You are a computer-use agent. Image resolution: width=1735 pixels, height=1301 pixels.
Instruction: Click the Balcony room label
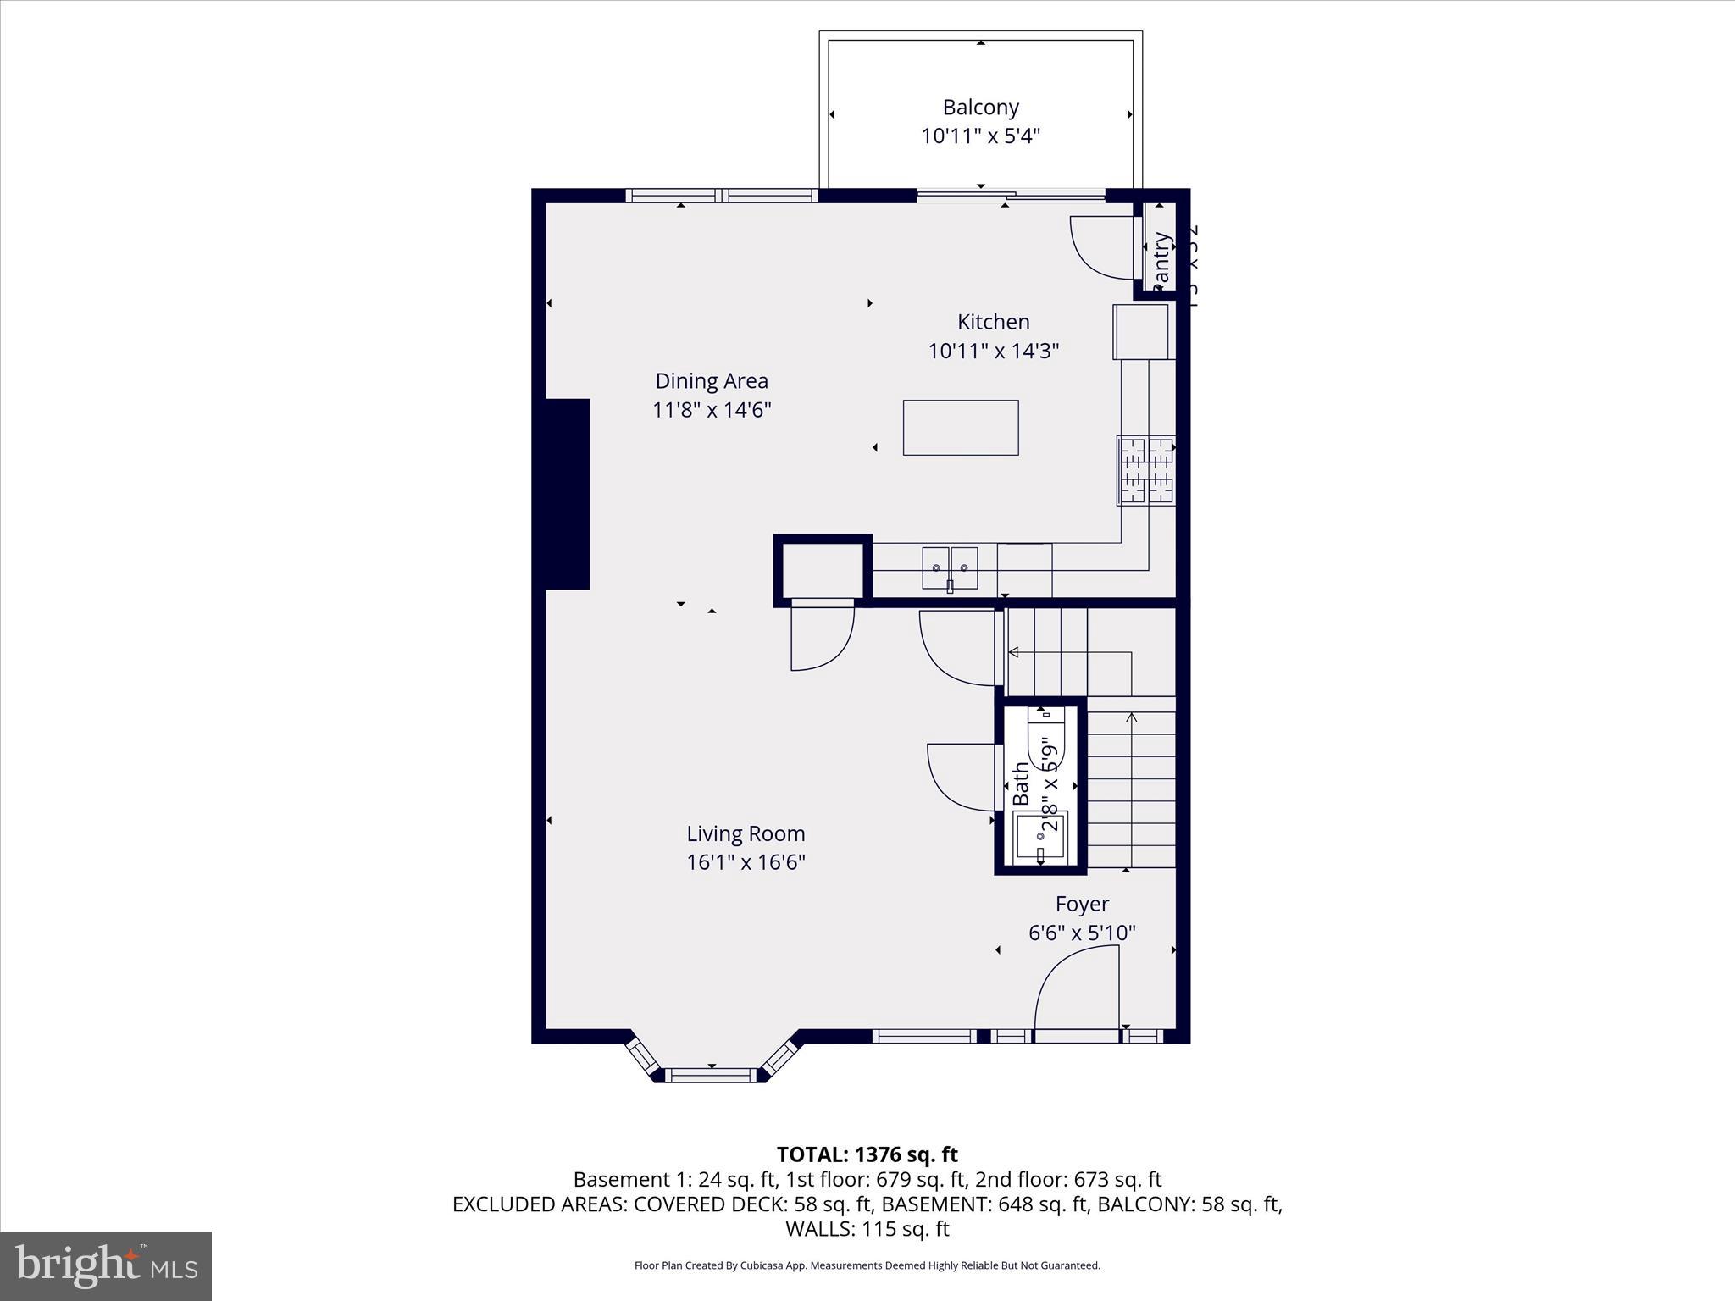point(980,108)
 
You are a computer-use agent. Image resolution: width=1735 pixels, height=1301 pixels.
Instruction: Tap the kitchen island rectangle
point(960,428)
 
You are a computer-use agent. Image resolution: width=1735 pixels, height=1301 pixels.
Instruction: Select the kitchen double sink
point(950,567)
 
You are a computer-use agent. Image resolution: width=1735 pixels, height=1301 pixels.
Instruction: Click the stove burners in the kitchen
point(1145,471)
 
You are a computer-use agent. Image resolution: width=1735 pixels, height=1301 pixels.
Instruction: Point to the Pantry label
point(1161,259)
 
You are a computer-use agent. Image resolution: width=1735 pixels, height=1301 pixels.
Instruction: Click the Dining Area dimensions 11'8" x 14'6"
point(712,410)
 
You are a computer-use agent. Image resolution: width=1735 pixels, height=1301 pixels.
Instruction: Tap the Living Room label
point(746,833)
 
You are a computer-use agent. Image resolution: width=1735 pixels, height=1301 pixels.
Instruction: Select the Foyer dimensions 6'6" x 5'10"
point(1082,933)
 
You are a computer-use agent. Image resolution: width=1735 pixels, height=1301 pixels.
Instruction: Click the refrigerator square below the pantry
point(1141,332)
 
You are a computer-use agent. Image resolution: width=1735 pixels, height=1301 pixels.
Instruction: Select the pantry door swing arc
point(1100,246)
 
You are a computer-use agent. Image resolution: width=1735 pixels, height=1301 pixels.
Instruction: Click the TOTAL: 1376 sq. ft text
point(867,1154)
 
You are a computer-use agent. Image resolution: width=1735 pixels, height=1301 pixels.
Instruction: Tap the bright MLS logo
point(106,1265)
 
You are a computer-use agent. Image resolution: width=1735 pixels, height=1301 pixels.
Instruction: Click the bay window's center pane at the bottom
point(710,1075)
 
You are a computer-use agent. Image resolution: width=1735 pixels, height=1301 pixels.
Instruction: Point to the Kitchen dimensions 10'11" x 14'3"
point(993,351)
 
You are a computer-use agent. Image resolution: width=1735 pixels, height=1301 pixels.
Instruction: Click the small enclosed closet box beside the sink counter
point(822,571)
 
